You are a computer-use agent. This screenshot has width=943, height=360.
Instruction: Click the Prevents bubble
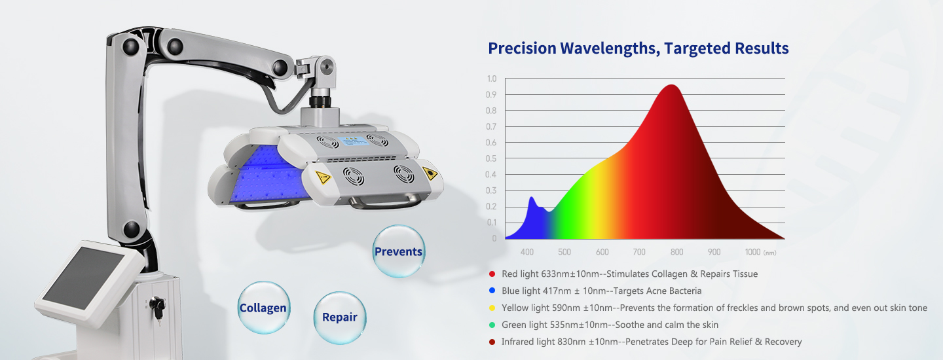(398, 251)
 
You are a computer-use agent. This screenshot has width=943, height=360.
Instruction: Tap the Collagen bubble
(263, 308)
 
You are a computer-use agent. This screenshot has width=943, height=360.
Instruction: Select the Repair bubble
(339, 317)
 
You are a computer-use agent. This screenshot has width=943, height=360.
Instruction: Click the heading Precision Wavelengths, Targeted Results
(638, 48)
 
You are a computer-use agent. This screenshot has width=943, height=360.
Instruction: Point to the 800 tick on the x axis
(677, 252)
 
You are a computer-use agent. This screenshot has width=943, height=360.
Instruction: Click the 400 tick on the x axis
(527, 252)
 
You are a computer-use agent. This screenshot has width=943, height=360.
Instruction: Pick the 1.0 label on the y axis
(491, 79)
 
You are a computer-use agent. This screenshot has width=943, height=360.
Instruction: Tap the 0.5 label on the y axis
(491, 158)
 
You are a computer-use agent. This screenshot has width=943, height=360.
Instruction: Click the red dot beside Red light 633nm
(492, 274)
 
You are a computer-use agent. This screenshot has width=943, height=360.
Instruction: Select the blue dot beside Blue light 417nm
(492, 291)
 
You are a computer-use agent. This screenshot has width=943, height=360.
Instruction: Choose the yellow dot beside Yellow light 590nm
(492, 308)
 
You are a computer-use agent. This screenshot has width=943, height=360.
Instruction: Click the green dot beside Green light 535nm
(492, 325)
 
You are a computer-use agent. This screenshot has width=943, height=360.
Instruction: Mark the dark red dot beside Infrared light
(492, 342)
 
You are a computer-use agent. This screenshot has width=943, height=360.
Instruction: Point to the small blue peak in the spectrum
(532, 198)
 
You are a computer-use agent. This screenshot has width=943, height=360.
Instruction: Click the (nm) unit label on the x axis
(770, 253)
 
